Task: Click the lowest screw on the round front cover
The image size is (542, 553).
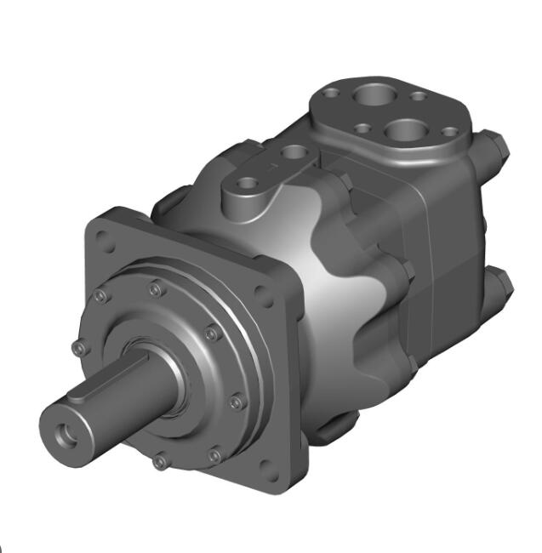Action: point(159,462)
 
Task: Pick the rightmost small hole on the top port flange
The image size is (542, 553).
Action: point(450,133)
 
